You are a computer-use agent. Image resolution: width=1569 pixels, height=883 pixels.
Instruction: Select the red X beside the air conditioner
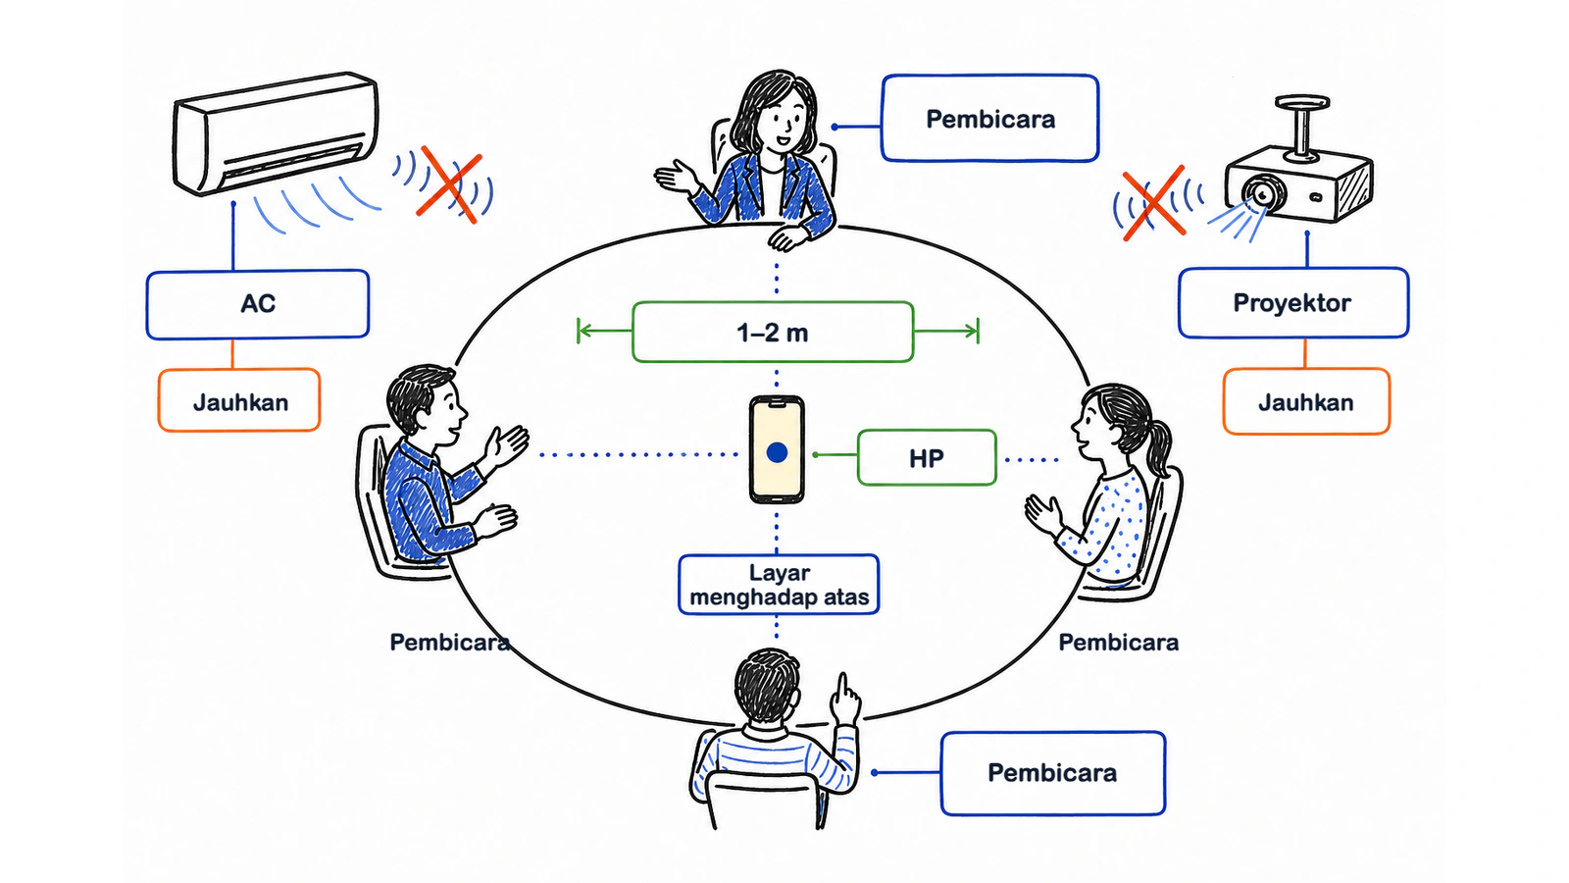tap(449, 184)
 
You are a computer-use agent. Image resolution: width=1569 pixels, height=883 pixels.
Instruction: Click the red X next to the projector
tap(1153, 203)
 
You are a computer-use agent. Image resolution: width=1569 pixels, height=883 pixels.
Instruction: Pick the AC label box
tap(258, 304)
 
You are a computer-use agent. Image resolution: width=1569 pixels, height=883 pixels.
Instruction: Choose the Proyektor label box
tap(1293, 303)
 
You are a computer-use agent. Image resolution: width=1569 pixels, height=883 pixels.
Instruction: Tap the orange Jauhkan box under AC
tap(239, 400)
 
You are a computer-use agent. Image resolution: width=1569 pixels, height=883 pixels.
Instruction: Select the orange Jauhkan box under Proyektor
tap(1306, 401)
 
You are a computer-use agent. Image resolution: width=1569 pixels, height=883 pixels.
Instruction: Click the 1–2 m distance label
tap(773, 333)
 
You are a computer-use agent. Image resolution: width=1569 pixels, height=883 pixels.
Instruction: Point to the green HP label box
tap(927, 457)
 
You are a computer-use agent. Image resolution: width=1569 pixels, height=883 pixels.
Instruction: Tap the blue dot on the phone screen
tap(777, 452)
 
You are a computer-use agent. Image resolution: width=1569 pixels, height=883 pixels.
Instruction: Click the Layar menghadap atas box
tap(779, 585)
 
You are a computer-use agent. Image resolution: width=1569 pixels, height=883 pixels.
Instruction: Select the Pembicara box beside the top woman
tap(989, 119)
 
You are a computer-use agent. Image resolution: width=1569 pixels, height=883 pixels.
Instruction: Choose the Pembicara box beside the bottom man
tap(1053, 773)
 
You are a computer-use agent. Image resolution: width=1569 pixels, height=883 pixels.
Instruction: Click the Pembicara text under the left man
tap(450, 642)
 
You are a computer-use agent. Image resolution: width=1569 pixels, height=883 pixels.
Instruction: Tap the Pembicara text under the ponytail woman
tap(1119, 642)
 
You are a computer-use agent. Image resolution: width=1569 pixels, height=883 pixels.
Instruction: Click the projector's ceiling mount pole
tap(1303, 129)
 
